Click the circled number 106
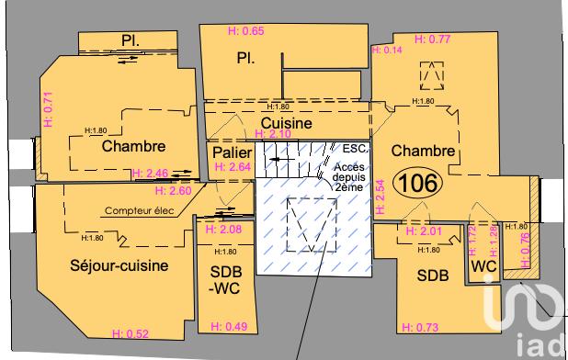(417, 183)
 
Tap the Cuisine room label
(286, 122)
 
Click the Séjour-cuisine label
(119, 266)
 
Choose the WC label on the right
(483, 266)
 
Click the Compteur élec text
(139, 210)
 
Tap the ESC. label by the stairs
(355, 148)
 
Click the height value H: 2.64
(233, 167)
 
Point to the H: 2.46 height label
(151, 173)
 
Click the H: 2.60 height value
(175, 191)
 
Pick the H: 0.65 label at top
(245, 31)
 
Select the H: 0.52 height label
(131, 332)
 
